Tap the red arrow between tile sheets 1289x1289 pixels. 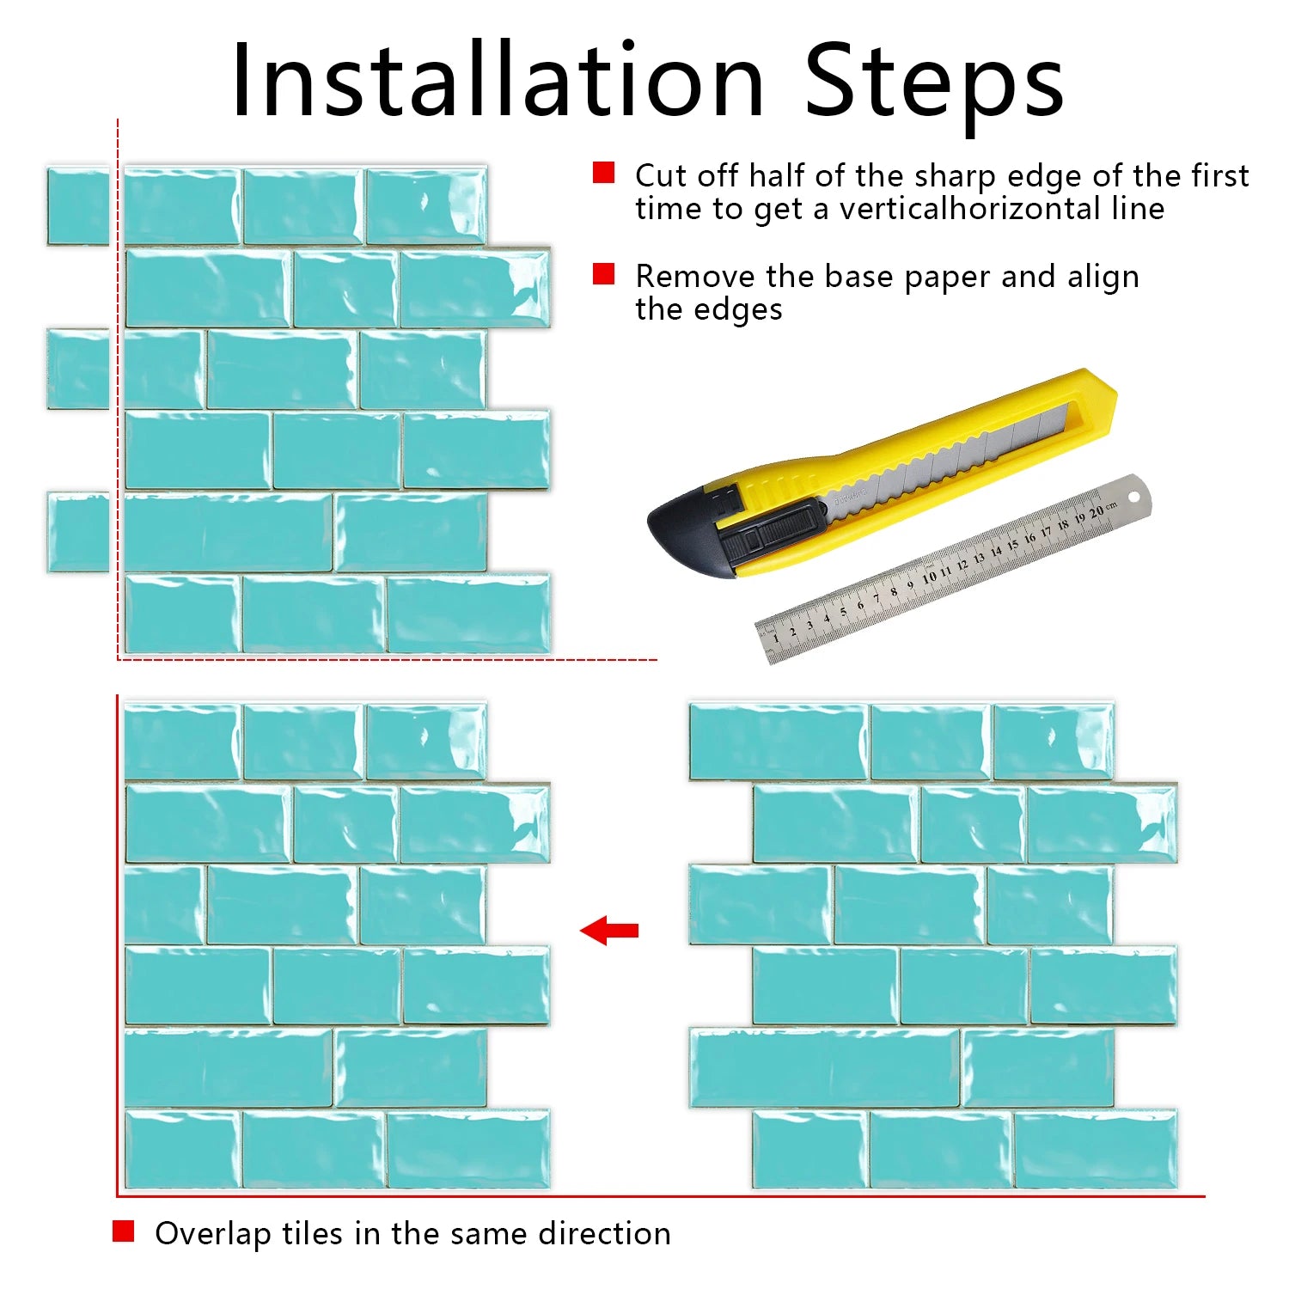[609, 930]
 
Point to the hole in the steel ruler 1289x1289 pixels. [1133, 497]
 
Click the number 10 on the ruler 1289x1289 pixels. [929, 577]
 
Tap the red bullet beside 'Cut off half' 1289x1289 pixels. [604, 173]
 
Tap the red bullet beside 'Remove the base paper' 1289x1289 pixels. [604, 273]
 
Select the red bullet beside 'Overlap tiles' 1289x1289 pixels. [124, 1231]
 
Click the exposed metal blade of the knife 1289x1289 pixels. [945, 460]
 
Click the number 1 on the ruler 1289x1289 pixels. [776, 638]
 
